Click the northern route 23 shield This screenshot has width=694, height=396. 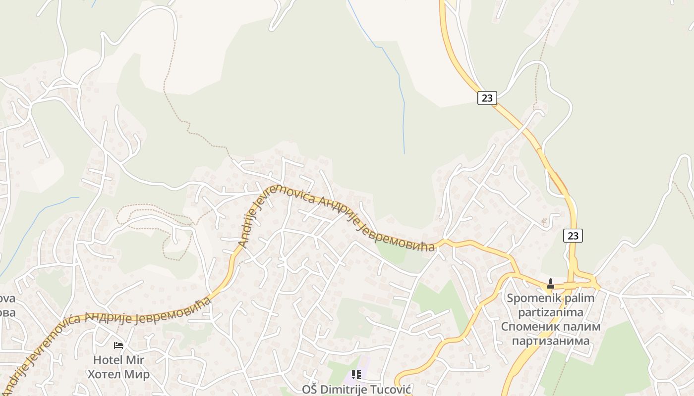pos(487,98)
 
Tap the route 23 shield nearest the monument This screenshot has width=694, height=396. pos(573,236)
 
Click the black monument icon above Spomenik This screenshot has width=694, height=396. pos(550,284)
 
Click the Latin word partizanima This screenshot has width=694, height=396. pos(550,312)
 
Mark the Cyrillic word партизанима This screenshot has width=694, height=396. pos(550,341)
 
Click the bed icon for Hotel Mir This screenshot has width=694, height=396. pos(118,345)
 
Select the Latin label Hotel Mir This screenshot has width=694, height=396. pos(118,360)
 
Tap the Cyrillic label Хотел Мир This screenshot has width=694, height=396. pos(118,374)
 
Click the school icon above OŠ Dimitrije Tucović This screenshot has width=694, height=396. pos(356,375)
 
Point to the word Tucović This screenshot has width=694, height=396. pos(391,390)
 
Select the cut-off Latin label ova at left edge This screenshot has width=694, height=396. pos(7,299)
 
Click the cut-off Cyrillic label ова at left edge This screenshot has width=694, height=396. pos(7,313)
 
